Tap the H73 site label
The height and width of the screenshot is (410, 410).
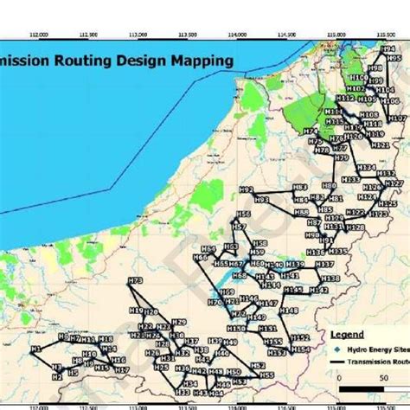pos(135,281)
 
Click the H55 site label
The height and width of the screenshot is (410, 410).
pos(266,375)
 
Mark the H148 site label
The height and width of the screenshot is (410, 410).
pos(288,311)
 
